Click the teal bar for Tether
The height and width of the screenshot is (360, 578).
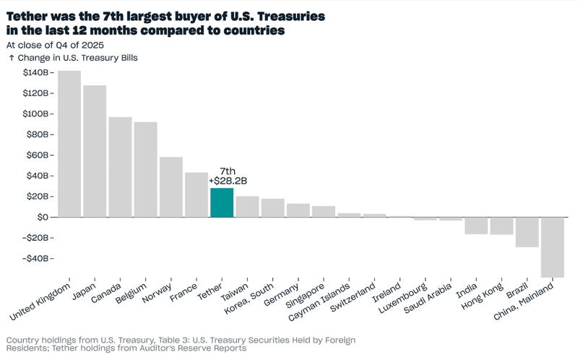click(x=221, y=202)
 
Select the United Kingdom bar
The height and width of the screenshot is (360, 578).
click(x=69, y=144)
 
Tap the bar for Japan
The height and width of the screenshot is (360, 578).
click(x=95, y=151)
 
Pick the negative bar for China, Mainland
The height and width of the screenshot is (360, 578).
click(x=552, y=247)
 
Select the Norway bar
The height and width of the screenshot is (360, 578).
click(x=171, y=187)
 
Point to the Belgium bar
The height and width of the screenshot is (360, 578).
click(x=145, y=169)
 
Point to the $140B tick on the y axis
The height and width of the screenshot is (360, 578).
click(x=35, y=73)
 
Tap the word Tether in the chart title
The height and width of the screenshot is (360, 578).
click(x=31, y=16)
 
